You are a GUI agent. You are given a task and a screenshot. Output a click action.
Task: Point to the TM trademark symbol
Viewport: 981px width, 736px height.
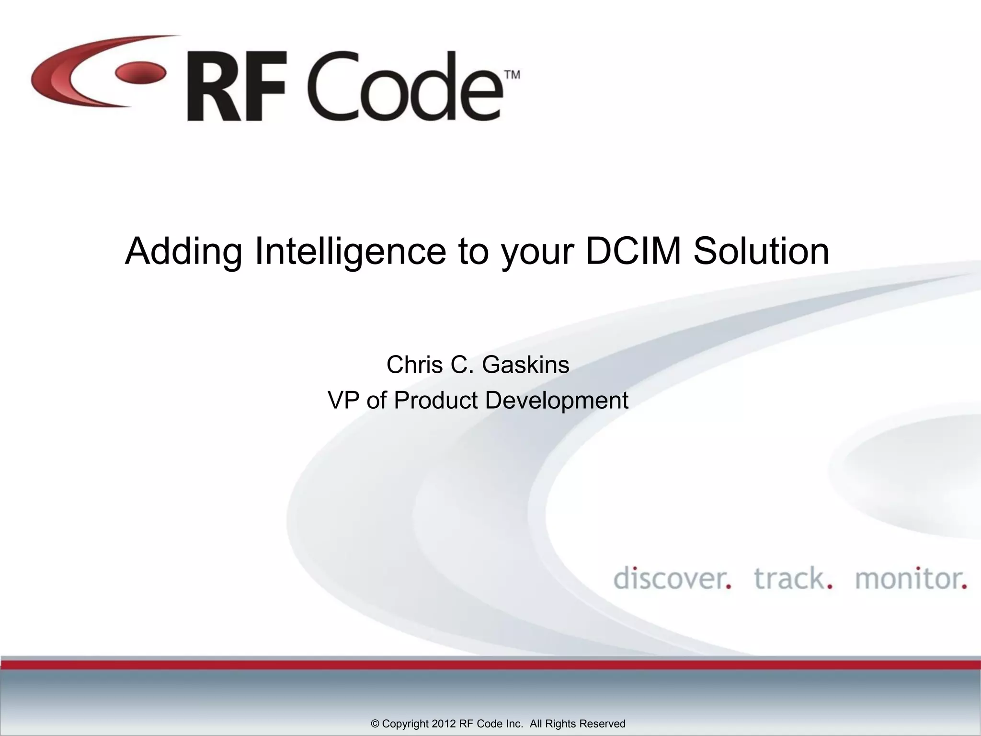pyautogui.click(x=512, y=75)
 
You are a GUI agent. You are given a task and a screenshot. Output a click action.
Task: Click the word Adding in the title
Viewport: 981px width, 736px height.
pyautogui.click(x=183, y=252)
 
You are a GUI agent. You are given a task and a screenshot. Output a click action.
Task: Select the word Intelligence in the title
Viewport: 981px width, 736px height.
pyautogui.click(x=351, y=251)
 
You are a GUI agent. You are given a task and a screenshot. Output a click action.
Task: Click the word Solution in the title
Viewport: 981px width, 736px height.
pyautogui.click(x=761, y=251)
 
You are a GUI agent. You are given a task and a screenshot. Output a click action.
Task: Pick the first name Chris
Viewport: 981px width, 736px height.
pyautogui.click(x=414, y=365)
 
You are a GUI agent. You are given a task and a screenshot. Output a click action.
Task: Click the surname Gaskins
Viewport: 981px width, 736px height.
pyautogui.click(x=525, y=365)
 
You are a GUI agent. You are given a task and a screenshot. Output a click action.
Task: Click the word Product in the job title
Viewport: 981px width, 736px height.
pyautogui.click(x=435, y=400)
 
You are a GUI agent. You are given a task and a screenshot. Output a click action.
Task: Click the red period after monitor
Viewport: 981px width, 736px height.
pyautogui.click(x=964, y=586)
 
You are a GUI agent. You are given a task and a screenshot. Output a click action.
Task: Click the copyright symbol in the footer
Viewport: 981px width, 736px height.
pyautogui.click(x=375, y=724)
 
